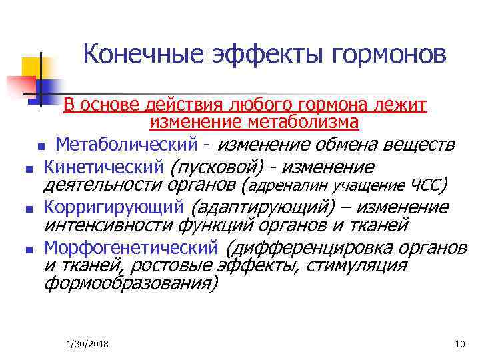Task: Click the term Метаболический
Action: [126, 144]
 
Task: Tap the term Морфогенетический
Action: [131, 248]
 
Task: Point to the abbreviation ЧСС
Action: [426, 185]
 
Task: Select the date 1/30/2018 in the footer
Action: [88, 344]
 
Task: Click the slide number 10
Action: [458, 344]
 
